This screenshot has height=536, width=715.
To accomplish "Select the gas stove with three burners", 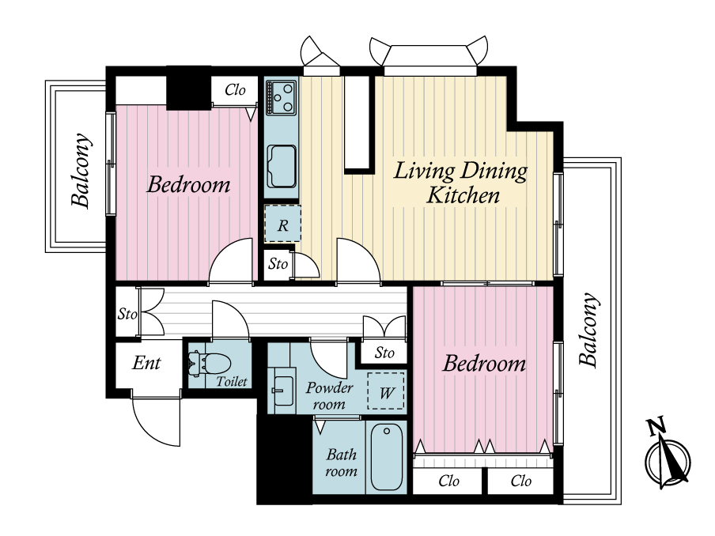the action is (282, 97).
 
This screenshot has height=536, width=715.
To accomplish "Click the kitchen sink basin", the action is (282, 166).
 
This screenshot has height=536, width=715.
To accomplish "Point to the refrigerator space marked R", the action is (282, 223).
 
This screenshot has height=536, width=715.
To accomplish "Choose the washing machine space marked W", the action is (386, 391).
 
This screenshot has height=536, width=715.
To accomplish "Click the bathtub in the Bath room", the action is (387, 456).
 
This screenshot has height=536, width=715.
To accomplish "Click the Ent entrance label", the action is (146, 363).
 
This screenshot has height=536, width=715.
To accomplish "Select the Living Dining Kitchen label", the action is (460, 183).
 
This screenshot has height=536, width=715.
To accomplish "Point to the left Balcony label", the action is (81, 171).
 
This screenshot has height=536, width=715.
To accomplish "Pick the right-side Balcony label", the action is (588, 330).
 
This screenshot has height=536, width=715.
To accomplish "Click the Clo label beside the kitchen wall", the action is (235, 90).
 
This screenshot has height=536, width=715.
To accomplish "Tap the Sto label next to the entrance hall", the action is (127, 314).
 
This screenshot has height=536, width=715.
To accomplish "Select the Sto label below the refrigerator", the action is (278, 263).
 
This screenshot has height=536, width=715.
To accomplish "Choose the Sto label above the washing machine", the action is (384, 353).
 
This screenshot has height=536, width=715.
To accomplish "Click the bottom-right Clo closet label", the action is (520, 481).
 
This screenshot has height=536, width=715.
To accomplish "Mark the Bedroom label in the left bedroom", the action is (188, 184).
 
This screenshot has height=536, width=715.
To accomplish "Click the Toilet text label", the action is (232, 381).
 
